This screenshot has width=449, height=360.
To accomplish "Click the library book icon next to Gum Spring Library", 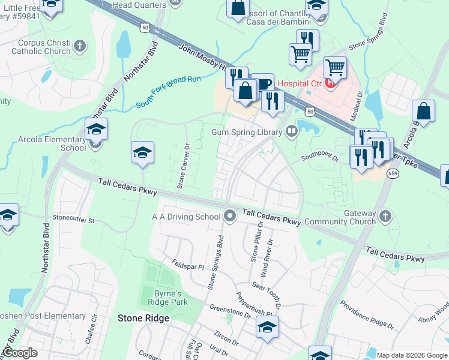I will [x=292, y=131].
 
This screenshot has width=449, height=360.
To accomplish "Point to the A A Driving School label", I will [x=186, y=216].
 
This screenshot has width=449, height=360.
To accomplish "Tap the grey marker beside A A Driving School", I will [x=229, y=215].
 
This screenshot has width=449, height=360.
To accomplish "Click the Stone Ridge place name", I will [x=143, y=318].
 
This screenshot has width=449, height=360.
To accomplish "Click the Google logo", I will [x=19, y=353].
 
